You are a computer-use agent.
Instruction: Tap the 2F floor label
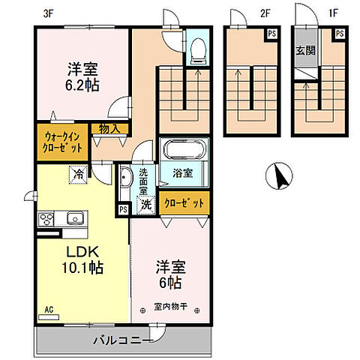(x=264, y=13)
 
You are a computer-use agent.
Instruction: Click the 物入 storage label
(x=109, y=129)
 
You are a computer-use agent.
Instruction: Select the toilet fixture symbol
(x=198, y=49)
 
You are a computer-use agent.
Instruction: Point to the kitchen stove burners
(x=46, y=219)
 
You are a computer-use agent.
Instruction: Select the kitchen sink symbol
(x=74, y=219)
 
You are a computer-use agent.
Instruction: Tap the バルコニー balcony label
(x=123, y=340)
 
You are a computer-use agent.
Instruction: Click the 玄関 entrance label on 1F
(x=305, y=50)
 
